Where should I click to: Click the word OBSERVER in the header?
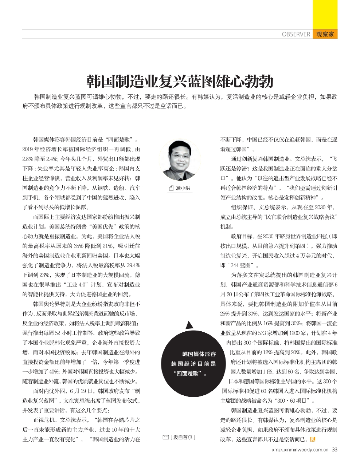[296, 35]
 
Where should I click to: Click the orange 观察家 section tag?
[325, 35]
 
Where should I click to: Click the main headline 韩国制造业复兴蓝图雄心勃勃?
[180, 81]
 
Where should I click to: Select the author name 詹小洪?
[183, 188]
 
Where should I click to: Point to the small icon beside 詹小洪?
[171, 188]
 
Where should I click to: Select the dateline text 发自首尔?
[184, 437]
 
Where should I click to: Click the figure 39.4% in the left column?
[132, 265]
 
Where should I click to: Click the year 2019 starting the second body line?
[28, 150]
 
